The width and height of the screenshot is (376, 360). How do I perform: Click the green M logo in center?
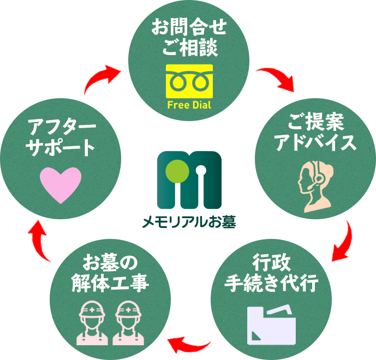click(189, 180)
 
